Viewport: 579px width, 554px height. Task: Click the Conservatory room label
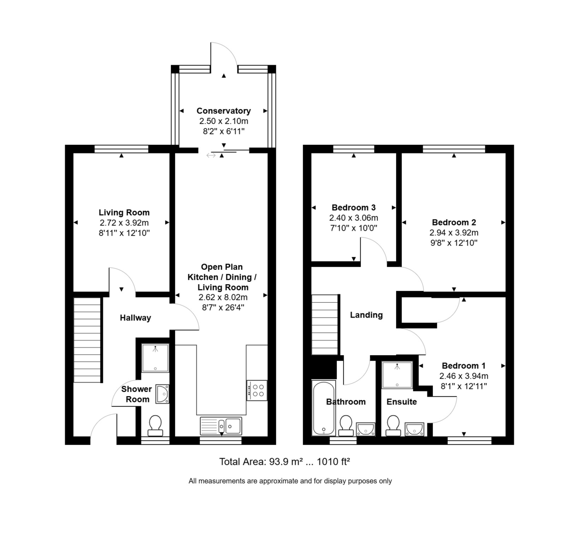223,111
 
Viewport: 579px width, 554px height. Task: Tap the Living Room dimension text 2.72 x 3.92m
124,223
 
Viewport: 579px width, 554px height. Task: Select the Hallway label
135,318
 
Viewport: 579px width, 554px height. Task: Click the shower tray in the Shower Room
155,358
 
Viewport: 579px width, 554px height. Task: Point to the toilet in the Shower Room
155,424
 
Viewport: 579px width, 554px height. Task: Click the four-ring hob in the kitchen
257,390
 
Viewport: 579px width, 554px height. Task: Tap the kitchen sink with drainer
221,425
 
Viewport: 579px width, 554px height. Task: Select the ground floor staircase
87,340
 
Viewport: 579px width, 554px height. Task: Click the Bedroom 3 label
354,208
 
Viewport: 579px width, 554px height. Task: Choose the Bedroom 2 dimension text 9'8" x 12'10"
454,243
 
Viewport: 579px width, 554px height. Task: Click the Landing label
366,315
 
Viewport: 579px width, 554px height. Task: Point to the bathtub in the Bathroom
323,408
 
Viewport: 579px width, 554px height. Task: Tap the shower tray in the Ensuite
397,374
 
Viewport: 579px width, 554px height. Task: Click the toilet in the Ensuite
393,425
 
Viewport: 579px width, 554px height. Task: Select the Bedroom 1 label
464,366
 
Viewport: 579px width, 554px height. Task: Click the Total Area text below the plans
284,462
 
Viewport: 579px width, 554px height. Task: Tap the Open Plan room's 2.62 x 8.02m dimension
222,298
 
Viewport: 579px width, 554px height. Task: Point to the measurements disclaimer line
290,481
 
